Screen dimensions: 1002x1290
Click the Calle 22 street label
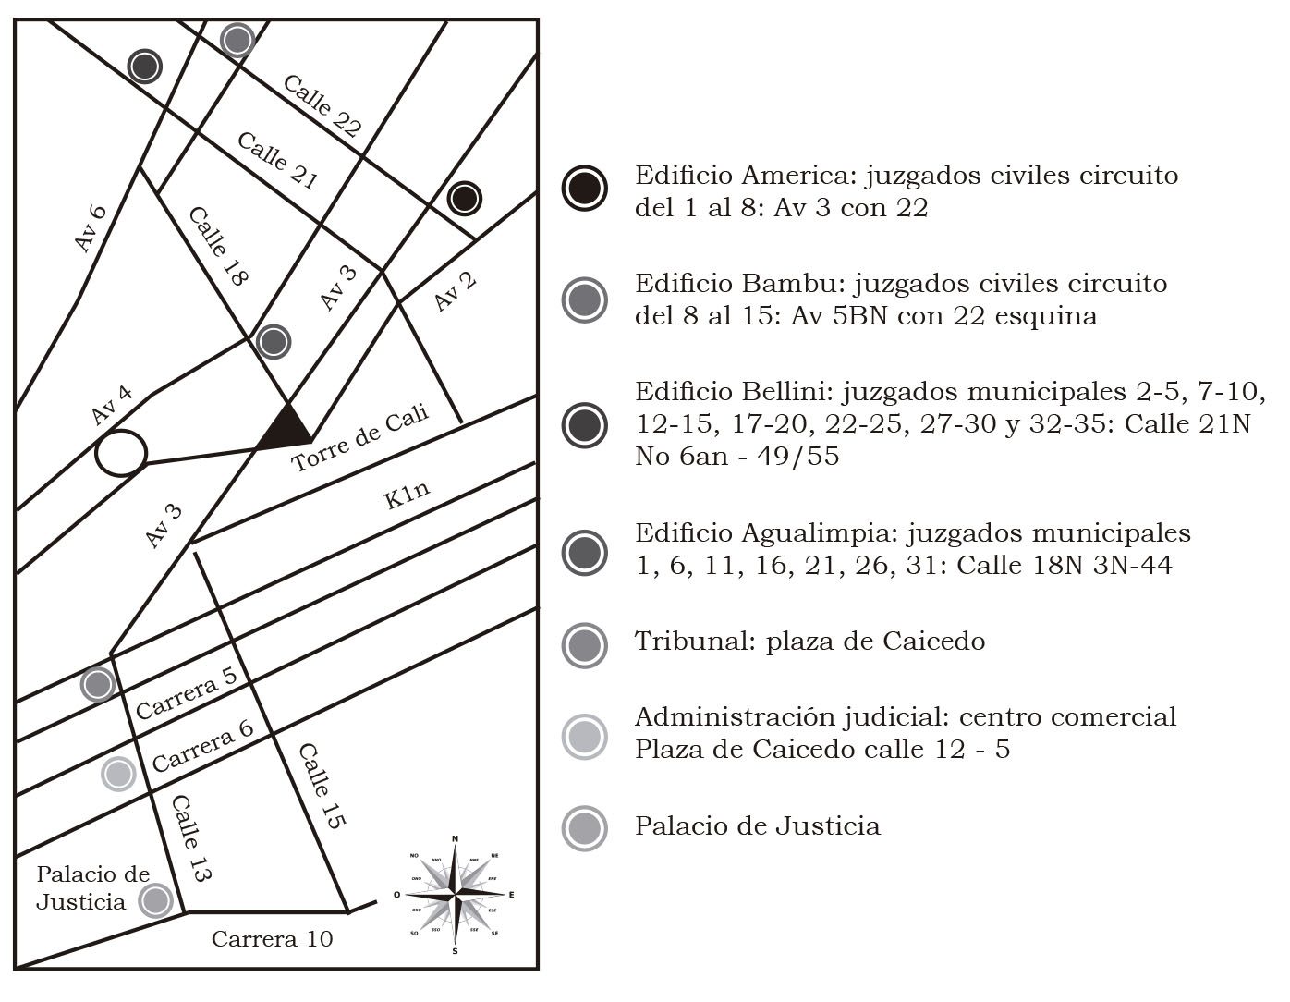(321, 105)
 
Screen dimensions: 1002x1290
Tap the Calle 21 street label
(277, 161)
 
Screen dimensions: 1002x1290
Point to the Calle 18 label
(220, 246)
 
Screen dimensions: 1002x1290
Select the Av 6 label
(91, 227)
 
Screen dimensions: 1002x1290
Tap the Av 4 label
(112, 405)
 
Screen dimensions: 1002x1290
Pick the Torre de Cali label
(360, 438)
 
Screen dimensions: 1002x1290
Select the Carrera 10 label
(272, 939)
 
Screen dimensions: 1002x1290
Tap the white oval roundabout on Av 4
(121, 454)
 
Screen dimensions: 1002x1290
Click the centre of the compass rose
(455, 895)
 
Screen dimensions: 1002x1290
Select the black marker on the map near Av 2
(465, 198)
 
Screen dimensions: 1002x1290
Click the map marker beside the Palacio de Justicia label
(155, 899)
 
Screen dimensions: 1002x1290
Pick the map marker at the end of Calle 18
(274, 342)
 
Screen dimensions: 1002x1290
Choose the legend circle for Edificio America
(584, 189)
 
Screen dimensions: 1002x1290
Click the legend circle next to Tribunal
(584, 644)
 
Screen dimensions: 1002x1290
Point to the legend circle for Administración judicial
(584, 737)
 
